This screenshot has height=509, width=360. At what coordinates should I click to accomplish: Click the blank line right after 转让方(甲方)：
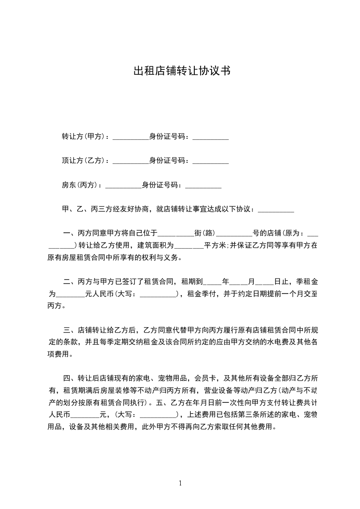coord(130,137)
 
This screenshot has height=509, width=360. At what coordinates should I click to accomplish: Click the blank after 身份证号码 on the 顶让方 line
coord(210,162)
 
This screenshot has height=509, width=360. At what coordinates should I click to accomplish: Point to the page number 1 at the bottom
coord(180,483)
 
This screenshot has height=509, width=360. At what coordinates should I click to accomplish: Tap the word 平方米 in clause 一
coord(215,246)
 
